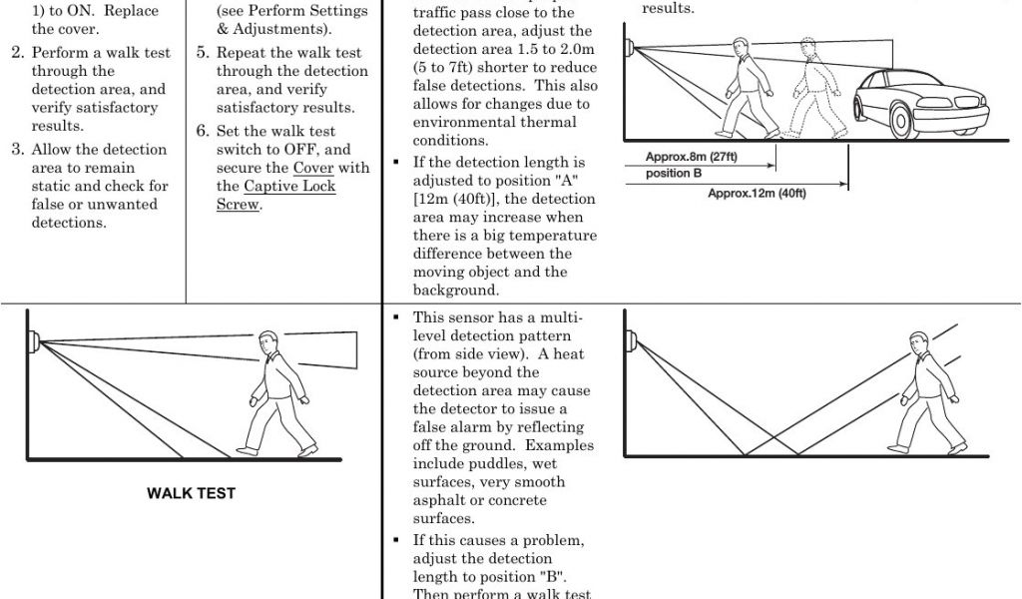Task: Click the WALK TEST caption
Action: point(191,493)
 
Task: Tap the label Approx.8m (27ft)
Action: point(691,157)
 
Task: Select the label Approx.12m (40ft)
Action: point(757,193)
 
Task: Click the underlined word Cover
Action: point(313,168)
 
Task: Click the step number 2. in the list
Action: point(18,53)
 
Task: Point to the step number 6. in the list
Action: point(203,131)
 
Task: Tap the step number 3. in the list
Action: point(18,150)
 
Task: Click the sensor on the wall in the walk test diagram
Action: point(34,341)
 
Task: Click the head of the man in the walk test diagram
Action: point(268,341)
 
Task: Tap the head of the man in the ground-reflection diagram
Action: point(920,344)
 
